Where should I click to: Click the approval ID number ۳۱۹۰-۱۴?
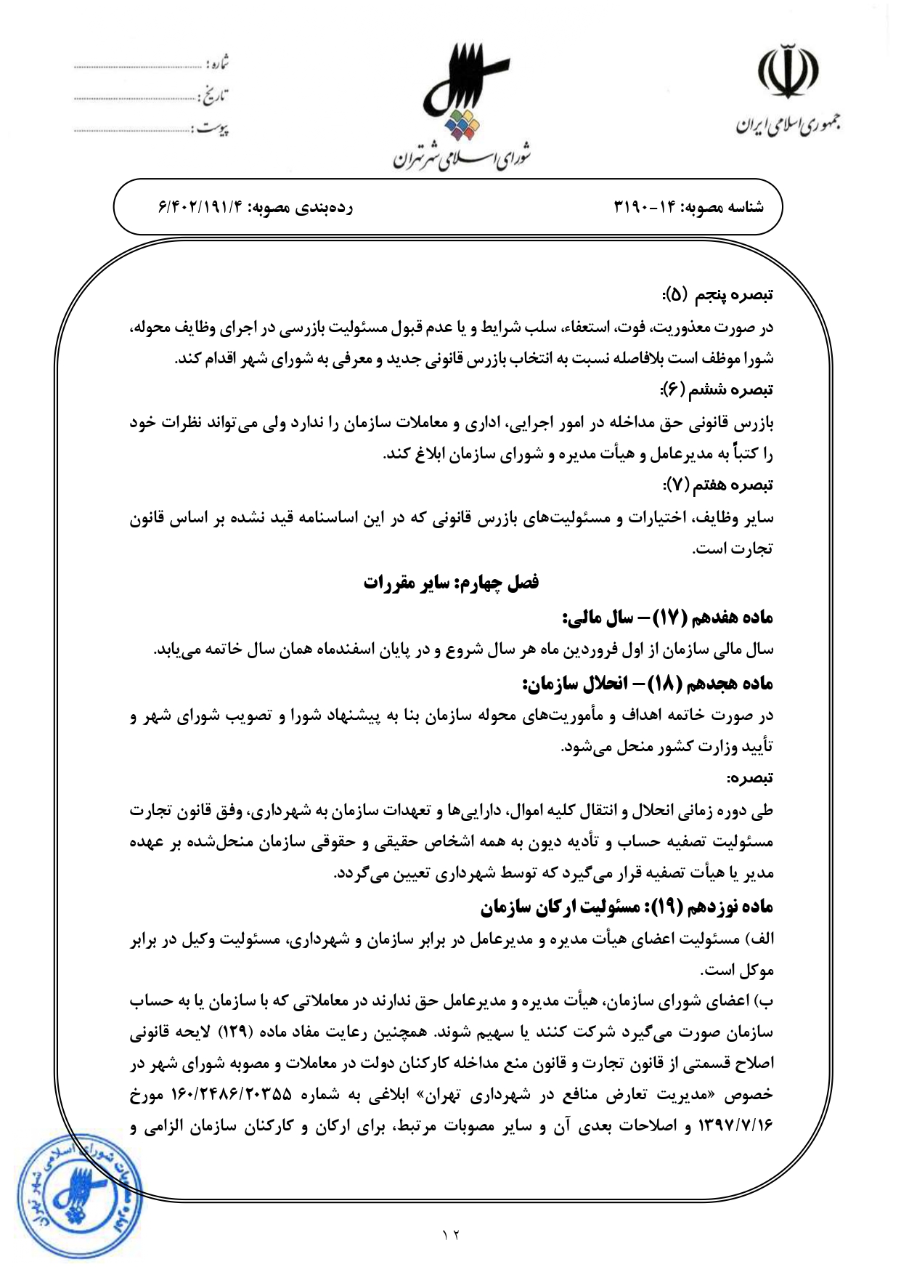(x=647, y=208)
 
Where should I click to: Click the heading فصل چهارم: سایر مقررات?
(x=451, y=583)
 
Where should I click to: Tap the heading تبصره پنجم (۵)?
(x=717, y=294)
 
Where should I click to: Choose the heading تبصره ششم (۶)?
(x=717, y=389)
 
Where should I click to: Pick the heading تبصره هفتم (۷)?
(x=717, y=484)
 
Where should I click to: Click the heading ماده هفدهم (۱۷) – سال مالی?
(x=668, y=618)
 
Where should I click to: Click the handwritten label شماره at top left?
(x=218, y=64)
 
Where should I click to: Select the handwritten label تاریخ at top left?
(x=214, y=96)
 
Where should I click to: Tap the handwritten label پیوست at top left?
(x=212, y=129)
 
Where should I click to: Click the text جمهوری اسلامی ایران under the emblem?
(x=788, y=125)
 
